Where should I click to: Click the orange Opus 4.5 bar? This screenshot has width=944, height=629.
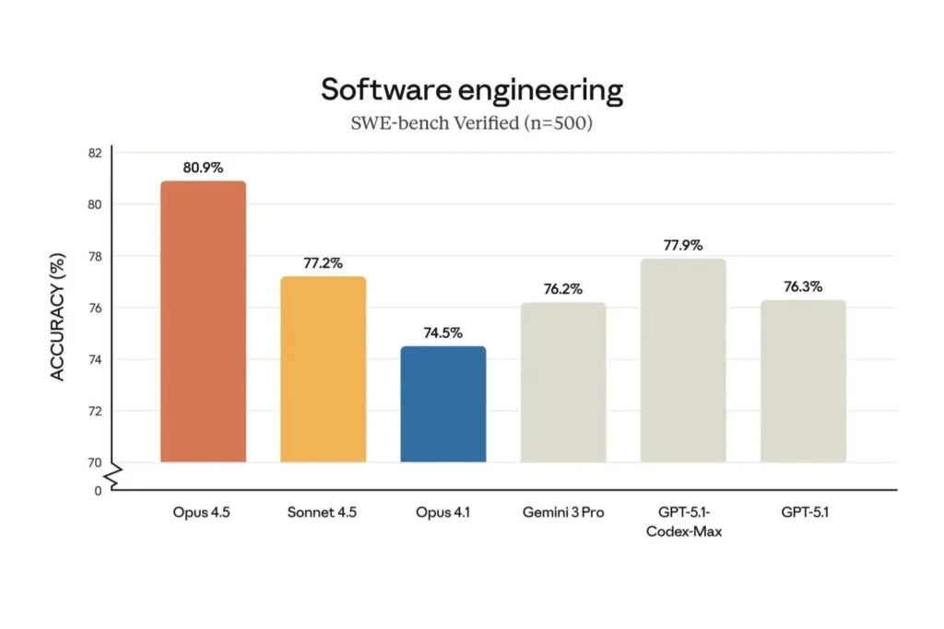pyautogui.click(x=203, y=321)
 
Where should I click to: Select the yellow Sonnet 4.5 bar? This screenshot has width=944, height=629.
pyautogui.click(x=323, y=368)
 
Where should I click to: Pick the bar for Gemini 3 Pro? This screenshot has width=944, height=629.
pyautogui.click(x=563, y=381)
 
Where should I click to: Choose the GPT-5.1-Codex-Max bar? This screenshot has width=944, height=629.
pyautogui.click(x=683, y=360)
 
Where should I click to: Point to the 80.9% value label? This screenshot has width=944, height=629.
pyautogui.click(x=203, y=169)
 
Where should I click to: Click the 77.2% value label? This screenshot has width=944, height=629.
pyautogui.click(x=323, y=263)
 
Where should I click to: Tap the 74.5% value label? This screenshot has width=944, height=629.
pyautogui.click(x=442, y=333)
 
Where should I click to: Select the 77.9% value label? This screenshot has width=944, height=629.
pyautogui.click(x=683, y=246)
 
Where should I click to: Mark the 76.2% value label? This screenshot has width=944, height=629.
pyautogui.click(x=563, y=289)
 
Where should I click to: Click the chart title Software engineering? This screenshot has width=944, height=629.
pyautogui.click(x=471, y=90)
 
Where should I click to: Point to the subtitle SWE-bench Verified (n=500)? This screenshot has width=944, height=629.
pyautogui.click(x=471, y=122)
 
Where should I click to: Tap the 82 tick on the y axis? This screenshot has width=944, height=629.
pyautogui.click(x=94, y=152)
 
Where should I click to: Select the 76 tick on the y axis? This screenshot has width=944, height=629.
pyautogui.click(x=94, y=308)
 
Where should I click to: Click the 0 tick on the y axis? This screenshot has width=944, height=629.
pyautogui.click(x=98, y=491)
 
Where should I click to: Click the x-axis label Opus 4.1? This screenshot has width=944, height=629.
pyautogui.click(x=442, y=512)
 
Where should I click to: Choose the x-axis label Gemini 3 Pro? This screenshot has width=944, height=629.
pyautogui.click(x=563, y=512)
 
